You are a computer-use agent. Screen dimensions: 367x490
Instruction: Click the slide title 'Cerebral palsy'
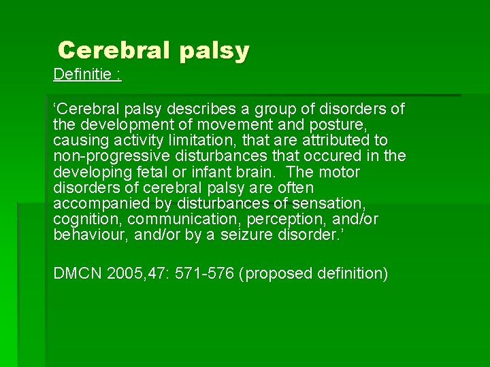click(154, 50)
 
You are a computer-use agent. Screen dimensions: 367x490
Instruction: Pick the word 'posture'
click(339, 125)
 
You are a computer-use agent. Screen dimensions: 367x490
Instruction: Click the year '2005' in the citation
click(124, 273)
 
